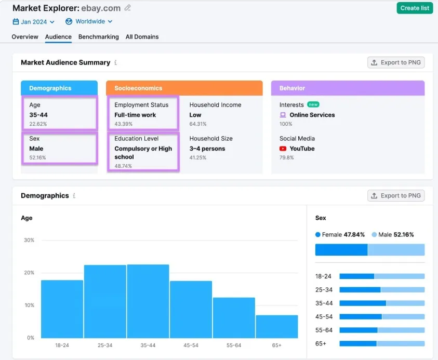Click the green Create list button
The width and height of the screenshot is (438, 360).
click(x=415, y=8)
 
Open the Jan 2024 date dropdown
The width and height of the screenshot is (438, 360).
click(x=34, y=22)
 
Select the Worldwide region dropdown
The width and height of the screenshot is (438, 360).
click(x=89, y=22)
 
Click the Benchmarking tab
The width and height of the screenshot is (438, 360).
click(x=98, y=37)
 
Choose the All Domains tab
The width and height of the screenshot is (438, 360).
click(x=142, y=37)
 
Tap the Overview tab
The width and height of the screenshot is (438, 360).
click(x=25, y=37)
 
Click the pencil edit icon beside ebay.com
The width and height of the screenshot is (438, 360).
click(x=128, y=8)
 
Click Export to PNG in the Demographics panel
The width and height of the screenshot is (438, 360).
click(x=396, y=196)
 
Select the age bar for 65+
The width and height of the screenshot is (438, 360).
click(x=276, y=326)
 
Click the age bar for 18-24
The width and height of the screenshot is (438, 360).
click(x=62, y=309)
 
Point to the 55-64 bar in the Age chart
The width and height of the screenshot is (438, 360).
click(x=234, y=317)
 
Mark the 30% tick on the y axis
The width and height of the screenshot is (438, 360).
click(x=29, y=240)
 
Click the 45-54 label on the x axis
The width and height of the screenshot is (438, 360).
click(x=191, y=345)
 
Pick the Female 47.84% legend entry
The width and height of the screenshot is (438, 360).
click(x=340, y=235)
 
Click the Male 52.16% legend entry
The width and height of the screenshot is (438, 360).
click(x=393, y=235)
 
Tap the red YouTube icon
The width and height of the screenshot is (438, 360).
click(x=283, y=149)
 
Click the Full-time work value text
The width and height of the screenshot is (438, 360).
click(x=135, y=115)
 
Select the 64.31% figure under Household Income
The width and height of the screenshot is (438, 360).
click(x=198, y=124)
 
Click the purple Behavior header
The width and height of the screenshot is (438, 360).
click(x=348, y=88)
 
